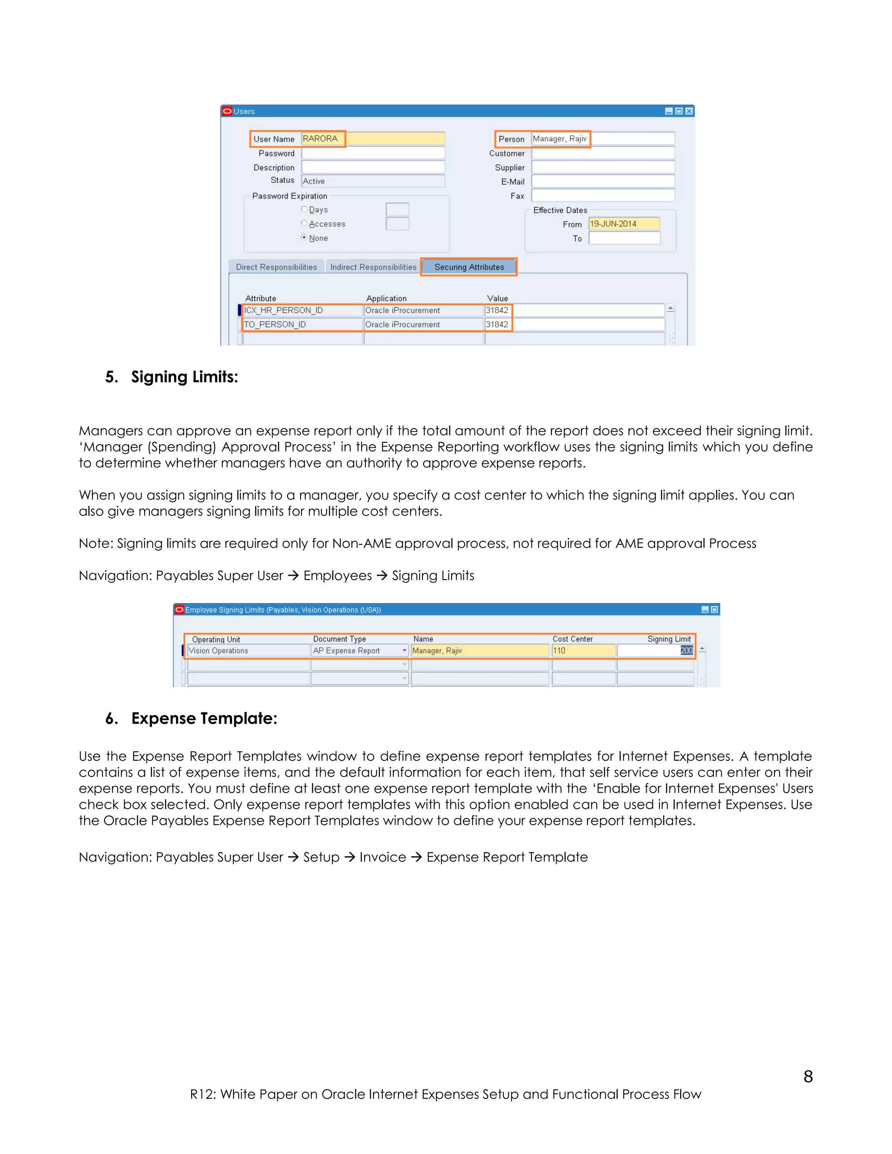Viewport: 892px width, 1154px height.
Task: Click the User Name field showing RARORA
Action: click(372, 138)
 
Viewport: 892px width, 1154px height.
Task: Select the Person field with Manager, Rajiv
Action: click(602, 138)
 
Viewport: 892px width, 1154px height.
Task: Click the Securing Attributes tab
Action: click(469, 267)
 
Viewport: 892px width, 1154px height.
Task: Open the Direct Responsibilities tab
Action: click(277, 267)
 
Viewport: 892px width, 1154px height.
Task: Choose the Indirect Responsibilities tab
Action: click(373, 267)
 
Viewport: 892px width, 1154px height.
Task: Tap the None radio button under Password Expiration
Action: click(304, 238)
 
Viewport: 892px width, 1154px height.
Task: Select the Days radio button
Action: click(304, 209)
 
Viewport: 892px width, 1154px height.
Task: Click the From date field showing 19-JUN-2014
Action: click(624, 223)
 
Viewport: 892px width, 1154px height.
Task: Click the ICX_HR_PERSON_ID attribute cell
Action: click(302, 310)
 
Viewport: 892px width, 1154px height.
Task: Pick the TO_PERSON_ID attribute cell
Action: click(302, 324)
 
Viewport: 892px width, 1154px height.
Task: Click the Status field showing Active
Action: click(372, 181)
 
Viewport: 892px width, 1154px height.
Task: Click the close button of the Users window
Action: click(689, 111)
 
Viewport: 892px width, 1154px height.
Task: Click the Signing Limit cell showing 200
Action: click(655, 651)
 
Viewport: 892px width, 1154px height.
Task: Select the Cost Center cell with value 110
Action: click(583, 651)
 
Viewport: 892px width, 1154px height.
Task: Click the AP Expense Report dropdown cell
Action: click(359, 651)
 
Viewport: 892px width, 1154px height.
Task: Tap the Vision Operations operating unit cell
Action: click(248, 651)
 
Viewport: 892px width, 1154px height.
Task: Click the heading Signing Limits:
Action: click(184, 377)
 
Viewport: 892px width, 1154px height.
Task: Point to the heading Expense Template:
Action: click(204, 718)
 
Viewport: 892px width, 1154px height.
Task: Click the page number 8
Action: click(808, 1076)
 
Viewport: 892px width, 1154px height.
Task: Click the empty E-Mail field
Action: click(602, 181)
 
